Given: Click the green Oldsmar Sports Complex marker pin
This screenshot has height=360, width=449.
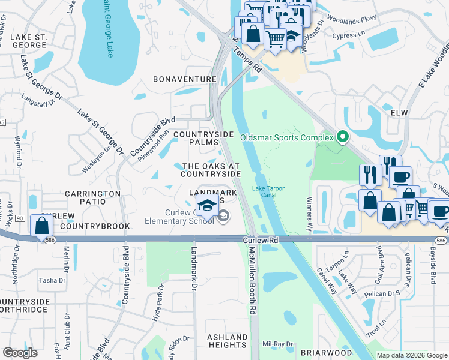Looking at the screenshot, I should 343,137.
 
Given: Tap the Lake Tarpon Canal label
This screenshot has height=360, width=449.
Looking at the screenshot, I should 269,192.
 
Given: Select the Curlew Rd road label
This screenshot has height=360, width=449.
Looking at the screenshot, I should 262,239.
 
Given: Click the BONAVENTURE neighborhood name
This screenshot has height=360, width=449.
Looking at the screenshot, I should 184,79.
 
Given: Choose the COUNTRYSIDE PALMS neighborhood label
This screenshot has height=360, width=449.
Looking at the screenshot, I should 199,139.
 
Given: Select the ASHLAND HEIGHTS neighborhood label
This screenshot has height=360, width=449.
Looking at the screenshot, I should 228,341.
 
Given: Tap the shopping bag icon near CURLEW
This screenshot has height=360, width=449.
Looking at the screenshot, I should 41,226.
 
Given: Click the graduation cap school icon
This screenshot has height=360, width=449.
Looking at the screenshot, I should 207,205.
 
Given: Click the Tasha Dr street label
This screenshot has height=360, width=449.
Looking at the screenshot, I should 52,280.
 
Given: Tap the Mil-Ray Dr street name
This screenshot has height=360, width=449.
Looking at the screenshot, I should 277,344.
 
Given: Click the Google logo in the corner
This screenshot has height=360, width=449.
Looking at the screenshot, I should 20,353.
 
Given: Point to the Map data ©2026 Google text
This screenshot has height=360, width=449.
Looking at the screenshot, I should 411,355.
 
